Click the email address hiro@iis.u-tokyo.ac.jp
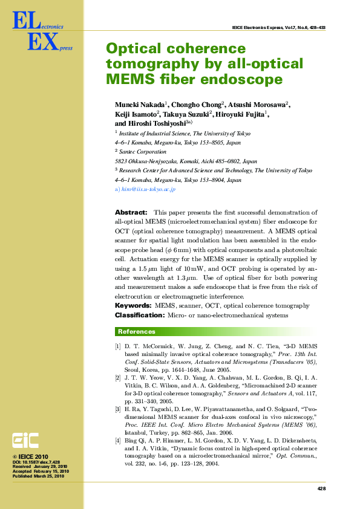click(x=148, y=189)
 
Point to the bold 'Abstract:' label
click(x=131, y=213)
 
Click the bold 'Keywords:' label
click(x=133, y=306)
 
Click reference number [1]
click(x=118, y=345)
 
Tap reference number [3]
click(x=118, y=409)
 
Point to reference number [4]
click(x=118, y=442)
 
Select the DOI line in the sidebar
click(x=36, y=462)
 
